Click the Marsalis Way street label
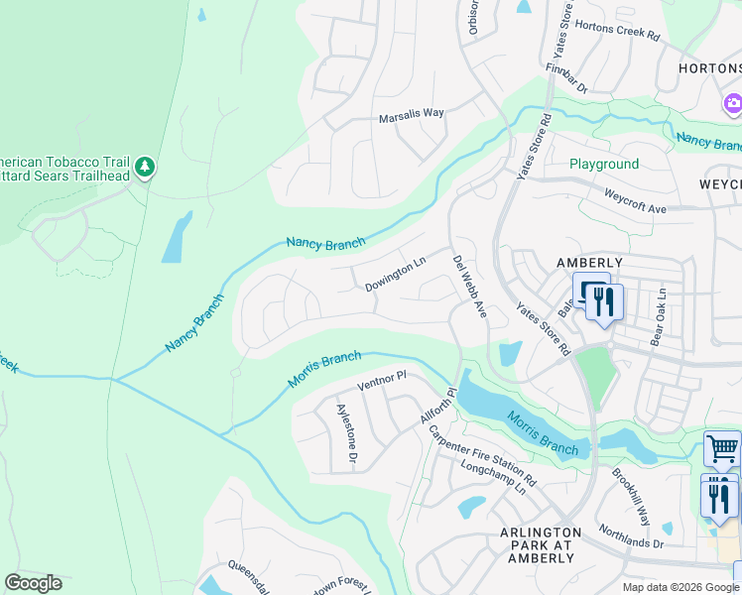[411, 115]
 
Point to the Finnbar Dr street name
[566, 80]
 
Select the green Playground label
[604, 164]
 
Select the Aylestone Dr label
[346, 434]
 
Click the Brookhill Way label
[630, 497]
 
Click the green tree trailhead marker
[146, 166]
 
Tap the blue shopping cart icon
[721, 448]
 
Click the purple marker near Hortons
[733, 103]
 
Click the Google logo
[33, 583]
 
